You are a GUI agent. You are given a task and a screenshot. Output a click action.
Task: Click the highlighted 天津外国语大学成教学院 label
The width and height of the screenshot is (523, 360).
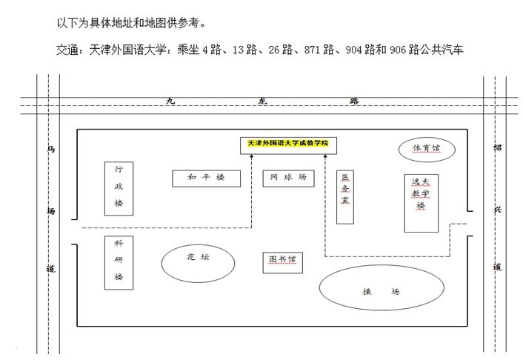[288, 143]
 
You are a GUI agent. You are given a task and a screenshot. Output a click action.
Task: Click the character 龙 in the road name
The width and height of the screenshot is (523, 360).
[262, 101]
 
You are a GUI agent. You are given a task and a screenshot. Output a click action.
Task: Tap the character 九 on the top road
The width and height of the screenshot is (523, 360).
[170, 101]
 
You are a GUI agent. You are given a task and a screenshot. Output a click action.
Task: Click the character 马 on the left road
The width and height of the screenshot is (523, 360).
[50, 149]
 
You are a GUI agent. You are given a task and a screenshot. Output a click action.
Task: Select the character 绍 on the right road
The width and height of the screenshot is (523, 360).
[497, 147]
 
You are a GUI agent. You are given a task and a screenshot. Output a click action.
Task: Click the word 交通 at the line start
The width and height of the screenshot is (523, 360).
[67, 50]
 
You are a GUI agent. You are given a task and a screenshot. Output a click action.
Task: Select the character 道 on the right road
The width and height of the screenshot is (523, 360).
[497, 267]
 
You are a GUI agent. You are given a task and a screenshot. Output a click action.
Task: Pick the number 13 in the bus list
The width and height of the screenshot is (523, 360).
[238, 50]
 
